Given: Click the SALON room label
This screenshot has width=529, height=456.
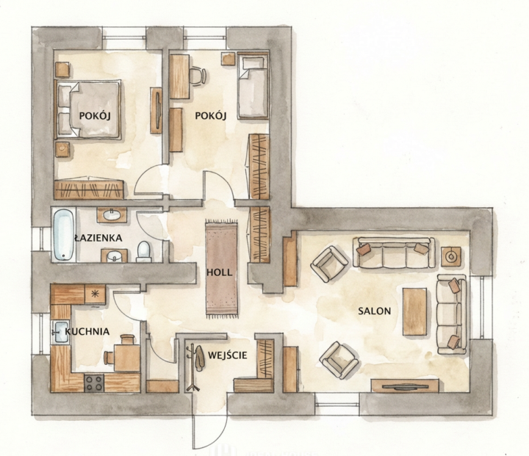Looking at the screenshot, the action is click(374, 311).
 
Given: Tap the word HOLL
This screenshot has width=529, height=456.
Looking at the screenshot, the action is click(219, 272).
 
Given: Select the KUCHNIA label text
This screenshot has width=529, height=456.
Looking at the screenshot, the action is click(87, 332).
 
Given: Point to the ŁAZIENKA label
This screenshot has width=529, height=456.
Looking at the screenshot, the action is click(98, 238).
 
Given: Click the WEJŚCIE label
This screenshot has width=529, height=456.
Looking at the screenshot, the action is click(227, 355).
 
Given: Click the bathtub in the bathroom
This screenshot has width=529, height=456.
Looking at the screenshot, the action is click(63, 235).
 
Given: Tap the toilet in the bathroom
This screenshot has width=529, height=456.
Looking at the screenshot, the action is click(144, 252).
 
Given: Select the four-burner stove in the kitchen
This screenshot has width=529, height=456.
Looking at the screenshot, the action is click(94, 383).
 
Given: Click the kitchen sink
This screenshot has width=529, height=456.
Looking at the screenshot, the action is click(60, 332).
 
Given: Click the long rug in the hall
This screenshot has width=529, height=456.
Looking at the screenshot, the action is click(222, 269).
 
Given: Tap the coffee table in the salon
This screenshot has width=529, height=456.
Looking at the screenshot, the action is click(414, 311).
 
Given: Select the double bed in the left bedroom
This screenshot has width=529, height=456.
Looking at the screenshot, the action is click(87, 109).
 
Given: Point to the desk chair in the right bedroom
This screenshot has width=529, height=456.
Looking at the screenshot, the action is click(198, 76).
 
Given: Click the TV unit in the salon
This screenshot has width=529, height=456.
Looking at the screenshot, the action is click(405, 386).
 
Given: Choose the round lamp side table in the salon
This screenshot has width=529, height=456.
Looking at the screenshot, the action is click(451, 257).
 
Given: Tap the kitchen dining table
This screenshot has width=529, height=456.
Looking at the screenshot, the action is click(127, 358).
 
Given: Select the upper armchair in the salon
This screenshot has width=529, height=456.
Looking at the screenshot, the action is click(330, 264).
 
